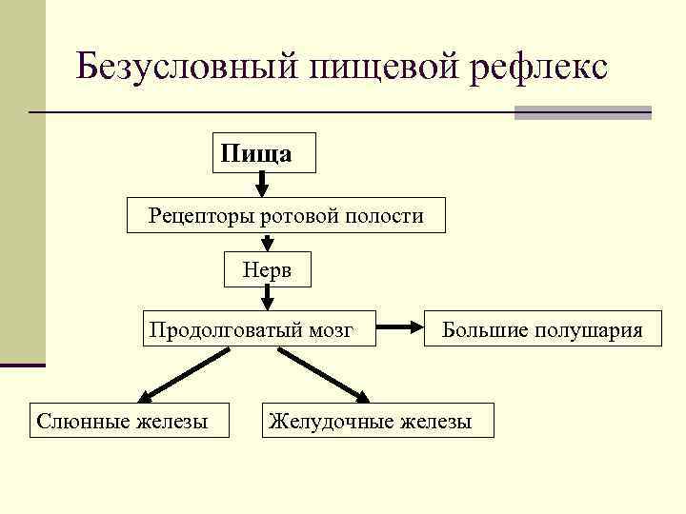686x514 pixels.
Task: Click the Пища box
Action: [x=264, y=152]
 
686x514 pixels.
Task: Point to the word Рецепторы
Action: [x=196, y=216]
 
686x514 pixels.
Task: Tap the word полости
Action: [x=385, y=216]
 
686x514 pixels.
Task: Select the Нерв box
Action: [x=266, y=270]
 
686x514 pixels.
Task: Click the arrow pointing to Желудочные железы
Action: [x=324, y=375]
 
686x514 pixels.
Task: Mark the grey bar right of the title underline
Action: [x=582, y=112]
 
